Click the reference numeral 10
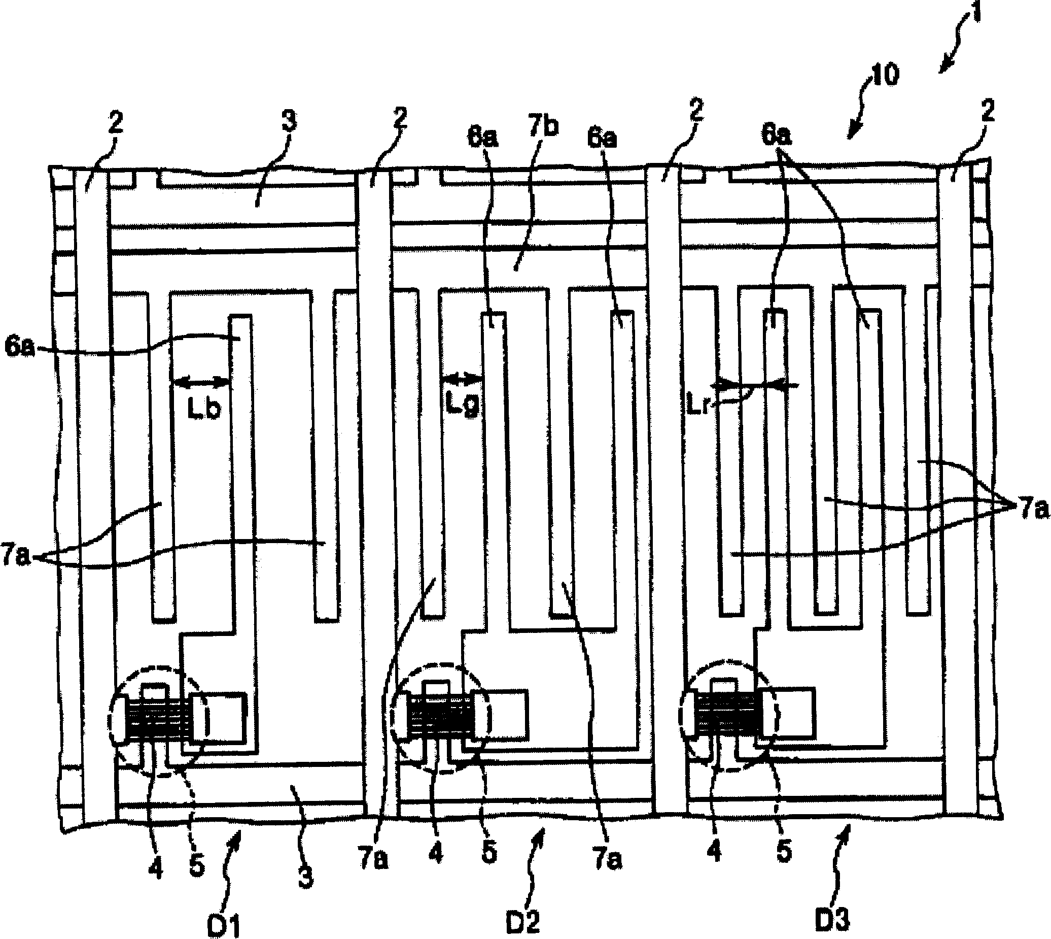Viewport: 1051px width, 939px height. pos(884,75)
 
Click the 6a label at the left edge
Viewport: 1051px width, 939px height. pos(20,347)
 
